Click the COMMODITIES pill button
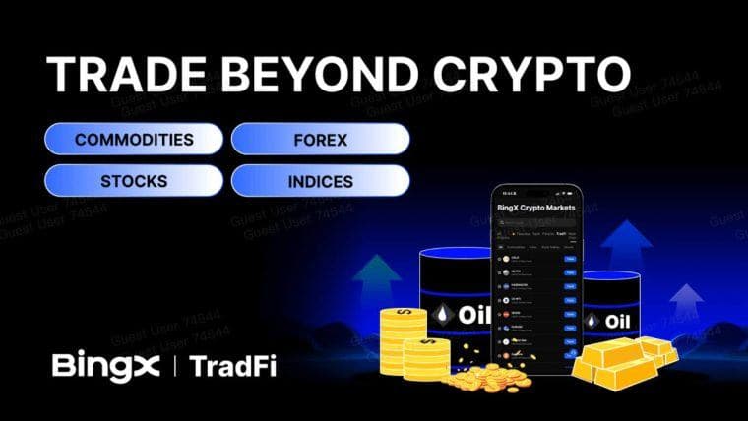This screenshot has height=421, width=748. [134, 140]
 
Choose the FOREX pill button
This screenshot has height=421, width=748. [320, 140]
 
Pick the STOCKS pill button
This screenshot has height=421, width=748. [134, 182]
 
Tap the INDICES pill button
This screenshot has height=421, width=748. [320, 182]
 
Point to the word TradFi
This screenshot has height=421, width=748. [232, 367]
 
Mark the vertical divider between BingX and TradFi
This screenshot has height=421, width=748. [175, 367]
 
